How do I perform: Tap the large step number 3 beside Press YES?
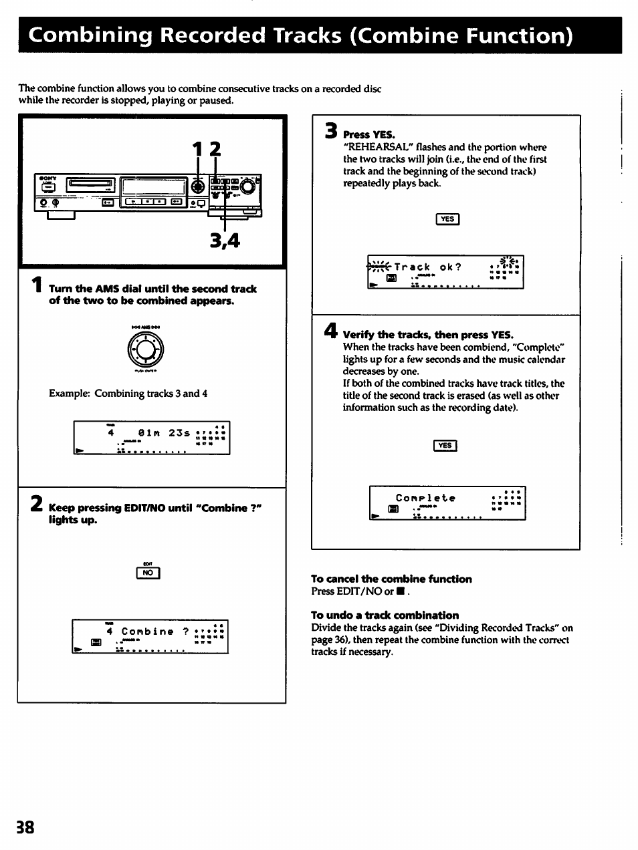click(x=330, y=130)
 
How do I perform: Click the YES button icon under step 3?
click(x=447, y=219)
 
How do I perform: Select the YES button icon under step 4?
click(x=445, y=446)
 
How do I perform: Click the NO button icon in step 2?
click(x=148, y=573)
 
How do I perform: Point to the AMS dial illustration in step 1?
click(x=146, y=349)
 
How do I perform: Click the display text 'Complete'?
click(x=425, y=498)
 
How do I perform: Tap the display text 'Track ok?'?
click(x=427, y=267)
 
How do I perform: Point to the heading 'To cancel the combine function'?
click(x=391, y=579)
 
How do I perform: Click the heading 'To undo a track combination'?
click(x=385, y=615)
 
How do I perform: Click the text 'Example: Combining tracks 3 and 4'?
click(x=128, y=394)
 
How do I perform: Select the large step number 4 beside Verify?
click(x=330, y=331)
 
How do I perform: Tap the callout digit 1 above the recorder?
click(x=198, y=150)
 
